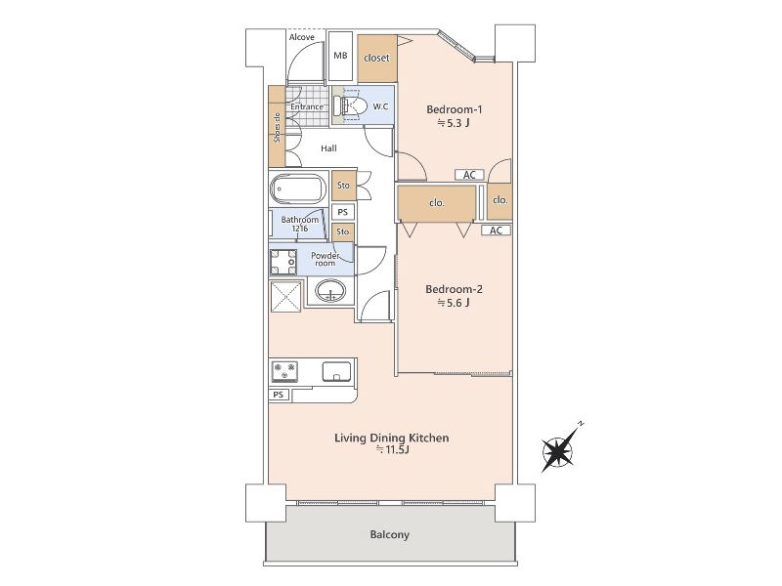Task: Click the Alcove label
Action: (302, 37)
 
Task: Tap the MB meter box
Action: (341, 56)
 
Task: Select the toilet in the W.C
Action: (351, 105)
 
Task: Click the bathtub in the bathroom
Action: (298, 188)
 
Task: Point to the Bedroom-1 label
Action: (455, 109)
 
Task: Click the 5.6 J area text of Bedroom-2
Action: (454, 303)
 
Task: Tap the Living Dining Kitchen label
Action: (392, 438)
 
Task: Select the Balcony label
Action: (389, 534)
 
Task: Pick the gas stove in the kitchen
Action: (284, 372)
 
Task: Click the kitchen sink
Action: (336, 372)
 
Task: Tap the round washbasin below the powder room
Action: (329, 290)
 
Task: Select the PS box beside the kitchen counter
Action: (279, 395)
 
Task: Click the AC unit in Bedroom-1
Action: (469, 175)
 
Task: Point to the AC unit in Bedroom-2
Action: (496, 230)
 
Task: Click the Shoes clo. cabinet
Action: (277, 127)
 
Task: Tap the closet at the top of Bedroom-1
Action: (377, 59)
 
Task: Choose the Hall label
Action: (328, 148)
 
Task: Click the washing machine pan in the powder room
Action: (283, 262)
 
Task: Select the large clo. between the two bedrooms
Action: (437, 203)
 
